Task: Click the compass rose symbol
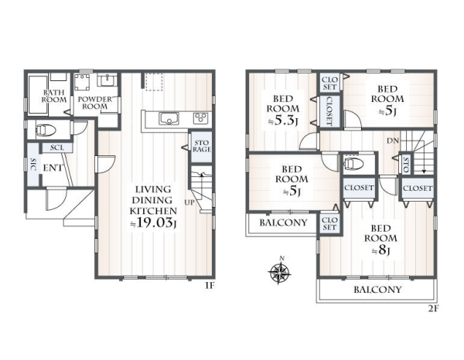click(279, 270)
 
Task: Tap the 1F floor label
click(210, 286)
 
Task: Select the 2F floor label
click(433, 308)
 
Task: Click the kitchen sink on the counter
click(169, 118)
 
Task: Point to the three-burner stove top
click(200, 118)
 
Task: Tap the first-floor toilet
click(46, 130)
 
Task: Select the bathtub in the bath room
click(38, 95)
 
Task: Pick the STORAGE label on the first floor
click(202, 146)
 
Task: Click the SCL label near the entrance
click(56, 148)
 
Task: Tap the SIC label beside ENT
click(33, 165)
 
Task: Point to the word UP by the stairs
click(189, 202)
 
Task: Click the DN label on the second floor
click(393, 141)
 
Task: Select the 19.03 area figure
click(154, 222)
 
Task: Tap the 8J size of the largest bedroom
click(380, 250)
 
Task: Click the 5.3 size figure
click(283, 121)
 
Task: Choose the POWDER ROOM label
click(95, 103)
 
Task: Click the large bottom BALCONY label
click(377, 290)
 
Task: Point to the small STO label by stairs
click(406, 165)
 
